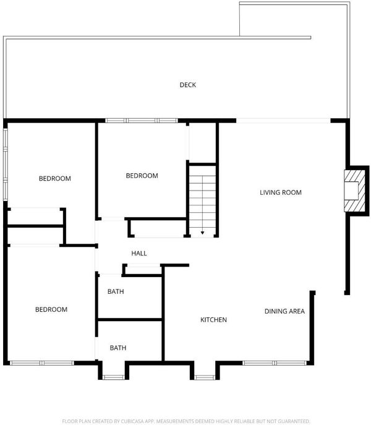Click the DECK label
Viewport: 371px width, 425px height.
(x=188, y=85)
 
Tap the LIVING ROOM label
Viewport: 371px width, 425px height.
(x=281, y=192)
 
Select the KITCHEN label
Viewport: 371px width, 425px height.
(x=213, y=320)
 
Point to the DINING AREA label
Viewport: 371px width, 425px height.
(x=284, y=311)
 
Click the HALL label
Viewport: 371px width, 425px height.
(x=139, y=254)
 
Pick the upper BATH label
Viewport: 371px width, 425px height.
(x=116, y=291)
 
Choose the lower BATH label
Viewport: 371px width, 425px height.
(x=118, y=348)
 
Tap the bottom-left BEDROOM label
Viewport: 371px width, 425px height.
(x=51, y=309)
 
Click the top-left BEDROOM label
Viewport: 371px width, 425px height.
(x=55, y=178)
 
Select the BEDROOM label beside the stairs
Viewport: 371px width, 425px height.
(x=142, y=176)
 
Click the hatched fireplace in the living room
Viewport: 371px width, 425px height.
(x=355, y=191)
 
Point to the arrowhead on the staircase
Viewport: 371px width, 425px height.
(x=202, y=233)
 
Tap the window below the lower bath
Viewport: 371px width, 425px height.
(x=114, y=377)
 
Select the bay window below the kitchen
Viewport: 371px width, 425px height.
(x=205, y=377)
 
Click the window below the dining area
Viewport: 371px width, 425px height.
(x=275, y=363)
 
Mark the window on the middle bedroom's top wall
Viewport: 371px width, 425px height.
(x=142, y=121)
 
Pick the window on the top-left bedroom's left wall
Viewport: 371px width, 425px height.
(x=5, y=165)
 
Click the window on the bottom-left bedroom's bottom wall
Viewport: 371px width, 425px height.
(x=41, y=363)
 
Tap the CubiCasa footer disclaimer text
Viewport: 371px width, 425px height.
(x=185, y=421)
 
